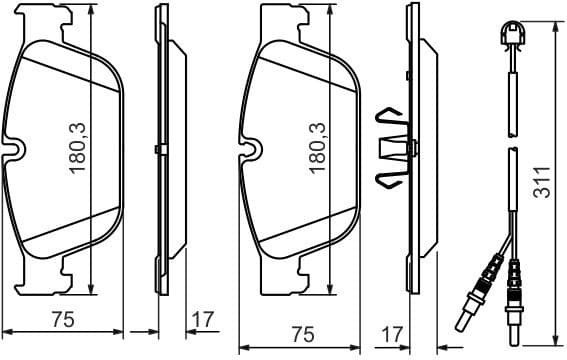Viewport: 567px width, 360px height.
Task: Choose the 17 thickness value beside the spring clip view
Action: pos(394,332)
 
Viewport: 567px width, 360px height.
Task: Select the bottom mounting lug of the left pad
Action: pos(68,267)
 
